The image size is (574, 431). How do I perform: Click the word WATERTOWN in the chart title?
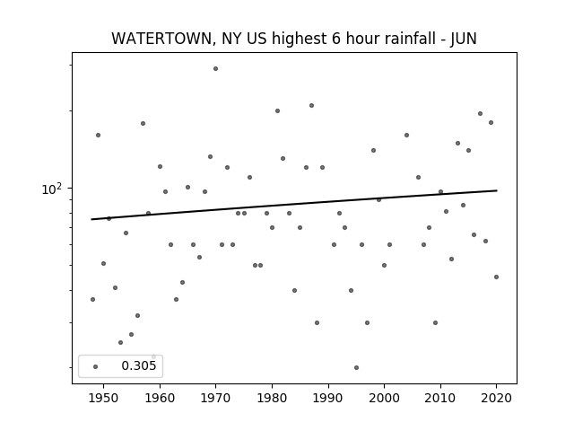coord(161,39)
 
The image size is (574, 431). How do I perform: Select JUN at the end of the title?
coord(464,39)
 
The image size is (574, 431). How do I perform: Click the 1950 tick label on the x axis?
coord(104,398)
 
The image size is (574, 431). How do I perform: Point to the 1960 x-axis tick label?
coord(160,398)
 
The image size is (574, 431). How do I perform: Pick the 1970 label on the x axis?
coord(215,398)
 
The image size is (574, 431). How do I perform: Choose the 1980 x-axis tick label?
coord(272,398)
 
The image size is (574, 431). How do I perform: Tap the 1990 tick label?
coord(328,398)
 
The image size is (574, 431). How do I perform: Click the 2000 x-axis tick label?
coord(384,398)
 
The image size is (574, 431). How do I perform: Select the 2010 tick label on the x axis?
coord(440,398)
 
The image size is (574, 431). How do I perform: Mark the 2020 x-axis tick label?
coord(496,398)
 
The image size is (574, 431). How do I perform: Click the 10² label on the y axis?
coord(51,189)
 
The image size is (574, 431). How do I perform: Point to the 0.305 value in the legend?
coord(139,365)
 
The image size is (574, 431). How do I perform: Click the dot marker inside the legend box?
coord(96,366)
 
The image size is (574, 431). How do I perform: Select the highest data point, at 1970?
coord(215,68)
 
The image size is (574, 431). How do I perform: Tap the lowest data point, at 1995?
coord(356,367)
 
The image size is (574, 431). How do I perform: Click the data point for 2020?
coord(496,277)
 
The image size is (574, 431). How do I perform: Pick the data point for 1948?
coord(92,299)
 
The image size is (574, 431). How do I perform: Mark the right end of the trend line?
coord(497,190)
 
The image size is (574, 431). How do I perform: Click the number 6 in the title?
coord(336,39)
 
